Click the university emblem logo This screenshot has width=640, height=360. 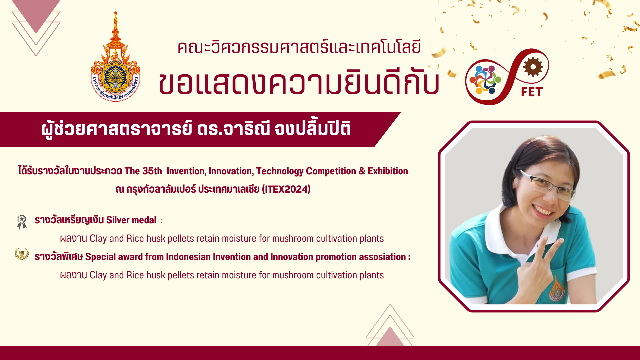tap(115, 57)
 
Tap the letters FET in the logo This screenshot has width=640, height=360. tap(532, 92)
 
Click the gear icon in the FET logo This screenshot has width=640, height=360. tap(533, 66)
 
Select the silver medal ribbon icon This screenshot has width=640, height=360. tap(22, 222)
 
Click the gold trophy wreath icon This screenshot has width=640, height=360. tap(22, 254)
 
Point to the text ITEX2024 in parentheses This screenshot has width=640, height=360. tap(286, 189)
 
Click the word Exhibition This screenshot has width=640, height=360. tap(388, 171)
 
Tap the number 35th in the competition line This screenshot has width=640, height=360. tap(152, 171)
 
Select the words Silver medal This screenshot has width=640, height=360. tap(131, 220)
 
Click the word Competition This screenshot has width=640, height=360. tap(331, 171)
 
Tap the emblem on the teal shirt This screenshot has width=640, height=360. tap(556, 288)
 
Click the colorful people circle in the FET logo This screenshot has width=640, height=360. tap(485, 80)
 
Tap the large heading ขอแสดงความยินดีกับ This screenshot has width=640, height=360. tap(299, 83)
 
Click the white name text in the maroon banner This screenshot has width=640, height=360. tap(196, 129)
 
